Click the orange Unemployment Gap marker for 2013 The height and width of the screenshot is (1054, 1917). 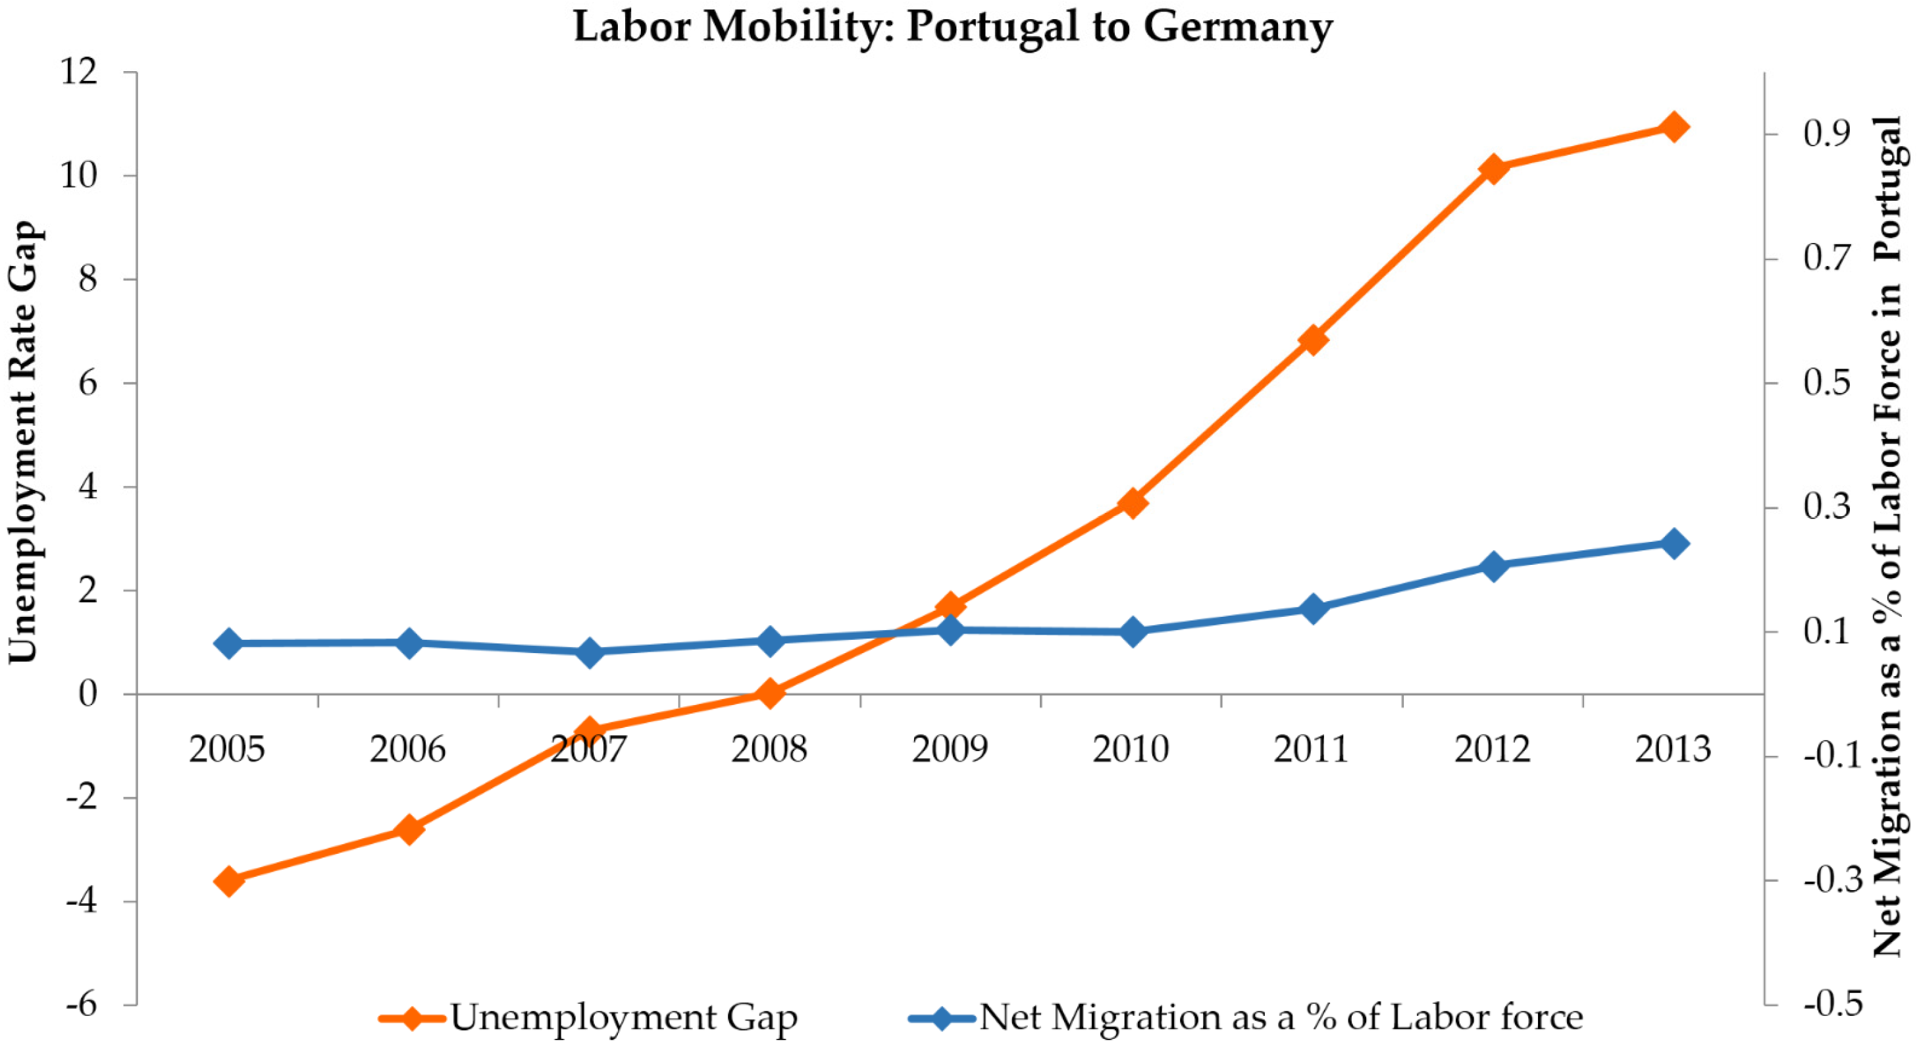(x=1674, y=126)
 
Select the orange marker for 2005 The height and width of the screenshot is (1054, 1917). (x=228, y=881)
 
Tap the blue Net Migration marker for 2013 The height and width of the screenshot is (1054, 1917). (x=1674, y=543)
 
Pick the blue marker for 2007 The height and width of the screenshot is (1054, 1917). (x=590, y=653)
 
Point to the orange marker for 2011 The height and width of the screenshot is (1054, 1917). (x=1313, y=340)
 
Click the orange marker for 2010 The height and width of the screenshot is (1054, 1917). (x=1132, y=503)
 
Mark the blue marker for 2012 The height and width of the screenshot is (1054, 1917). (x=1493, y=566)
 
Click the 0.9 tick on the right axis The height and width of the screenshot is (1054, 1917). (x=1827, y=134)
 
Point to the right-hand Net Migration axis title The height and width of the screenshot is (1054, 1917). (x=1887, y=536)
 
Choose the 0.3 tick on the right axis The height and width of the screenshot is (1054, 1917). (x=1827, y=508)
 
